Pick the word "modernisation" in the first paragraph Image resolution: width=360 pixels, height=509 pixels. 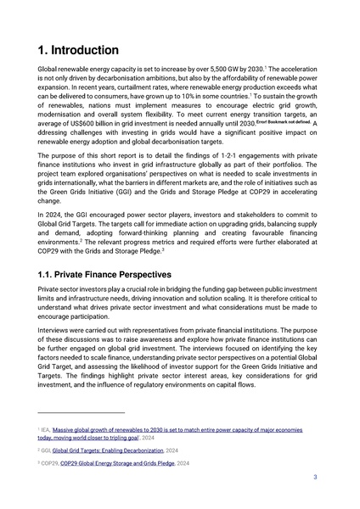[63, 115]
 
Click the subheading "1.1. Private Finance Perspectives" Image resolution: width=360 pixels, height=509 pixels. [105, 275]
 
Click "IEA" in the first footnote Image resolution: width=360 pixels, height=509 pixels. [47, 431]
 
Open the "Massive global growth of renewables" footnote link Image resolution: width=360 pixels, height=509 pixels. [170, 431]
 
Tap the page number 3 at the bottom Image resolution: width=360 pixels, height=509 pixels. [315, 478]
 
